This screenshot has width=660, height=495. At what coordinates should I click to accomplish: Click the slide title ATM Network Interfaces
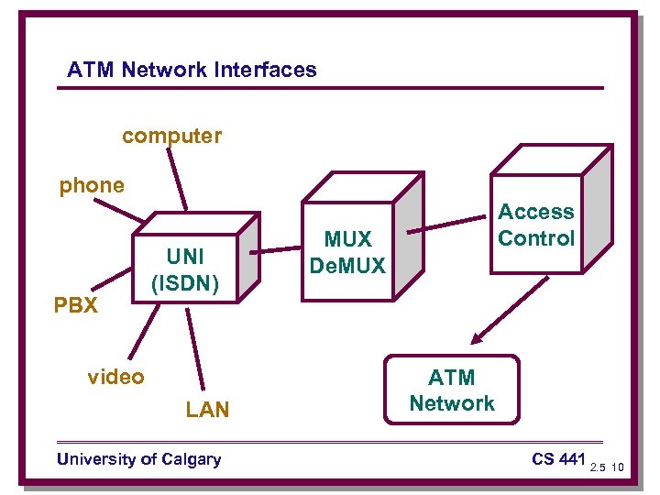coord(192,70)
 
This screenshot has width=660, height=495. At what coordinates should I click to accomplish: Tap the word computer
coord(171,137)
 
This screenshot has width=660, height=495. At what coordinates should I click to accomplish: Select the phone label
coord(92,185)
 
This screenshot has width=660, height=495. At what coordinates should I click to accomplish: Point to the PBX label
coord(76,305)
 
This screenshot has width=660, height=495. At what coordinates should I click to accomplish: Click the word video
coord(115,377)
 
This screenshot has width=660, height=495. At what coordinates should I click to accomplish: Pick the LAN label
coord(207,410)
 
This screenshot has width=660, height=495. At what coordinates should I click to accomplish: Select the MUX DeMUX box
coord(347,252)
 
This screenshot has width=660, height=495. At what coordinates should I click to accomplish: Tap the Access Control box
coord(535,225)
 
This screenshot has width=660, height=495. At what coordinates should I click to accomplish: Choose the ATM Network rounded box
coord(452,390)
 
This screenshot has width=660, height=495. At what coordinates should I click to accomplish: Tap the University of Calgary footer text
coord(138,459)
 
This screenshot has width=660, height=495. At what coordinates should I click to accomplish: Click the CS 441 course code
coord(557,458)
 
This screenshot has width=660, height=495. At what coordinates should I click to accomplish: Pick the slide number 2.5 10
coord(607,467)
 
